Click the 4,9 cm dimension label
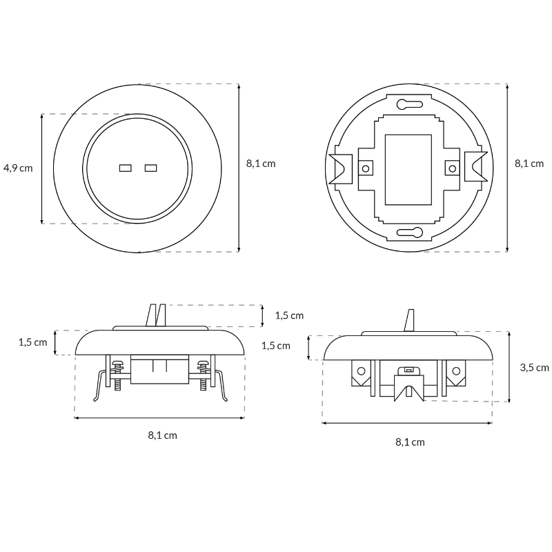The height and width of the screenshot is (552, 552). pos(18,168)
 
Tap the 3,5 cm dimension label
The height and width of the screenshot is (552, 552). pos(534,368)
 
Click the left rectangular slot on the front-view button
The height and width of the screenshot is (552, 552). pos(126,168)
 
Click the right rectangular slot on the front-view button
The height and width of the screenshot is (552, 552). pos(150,168)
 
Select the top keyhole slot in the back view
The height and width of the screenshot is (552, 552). pos(409,104)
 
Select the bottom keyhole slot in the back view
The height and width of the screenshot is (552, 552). pos(409,233)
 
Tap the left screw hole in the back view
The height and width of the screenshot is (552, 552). pos(366,168)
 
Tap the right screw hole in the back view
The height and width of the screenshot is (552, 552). pos(453,168)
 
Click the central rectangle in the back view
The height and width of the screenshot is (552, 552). pos(408,170)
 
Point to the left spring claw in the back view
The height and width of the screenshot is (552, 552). pos(340,168)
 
